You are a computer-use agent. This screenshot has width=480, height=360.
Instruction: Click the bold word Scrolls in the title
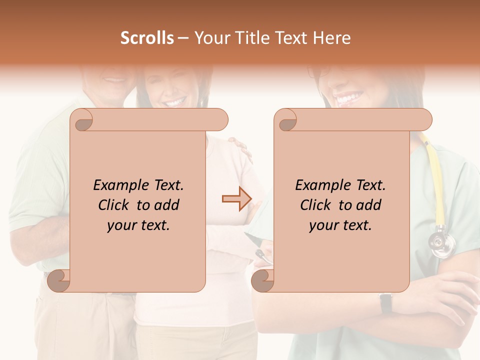point(147,38)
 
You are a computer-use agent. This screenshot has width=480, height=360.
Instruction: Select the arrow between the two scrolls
point(236,198)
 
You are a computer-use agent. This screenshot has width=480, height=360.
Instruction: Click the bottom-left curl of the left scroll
point(59,280)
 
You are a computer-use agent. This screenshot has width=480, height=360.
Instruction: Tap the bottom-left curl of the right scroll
point(263,280)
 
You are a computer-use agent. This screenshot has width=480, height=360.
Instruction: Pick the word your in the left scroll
point(121,225)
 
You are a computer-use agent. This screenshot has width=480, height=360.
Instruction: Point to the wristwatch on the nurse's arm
point(385,302)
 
